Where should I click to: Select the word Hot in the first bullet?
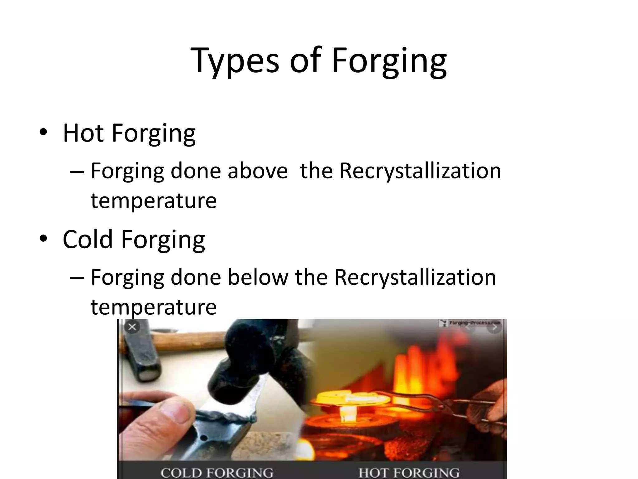pyautogui.click(x=83, y=133)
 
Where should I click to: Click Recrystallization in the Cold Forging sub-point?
pyautogui.click(x=415, y=277)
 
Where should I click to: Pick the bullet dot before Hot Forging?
pyautogui.click(x=43, y=133)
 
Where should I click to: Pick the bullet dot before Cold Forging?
pyautogui.click(x=43, y=239)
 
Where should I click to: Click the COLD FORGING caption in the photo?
pyautogui.click(x=217, y=472)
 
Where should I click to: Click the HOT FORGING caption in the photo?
pyautogui.click(x=409, y=472)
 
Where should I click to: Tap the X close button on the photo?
pyautogui.click(x=132, y=327)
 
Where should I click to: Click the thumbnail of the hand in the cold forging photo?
pyautogui.click(x=179, y=412)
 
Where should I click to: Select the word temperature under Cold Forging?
pyautogui.click(x=153, y=307)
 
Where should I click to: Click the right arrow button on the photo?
pyautogui.click(x=494, y=327)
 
